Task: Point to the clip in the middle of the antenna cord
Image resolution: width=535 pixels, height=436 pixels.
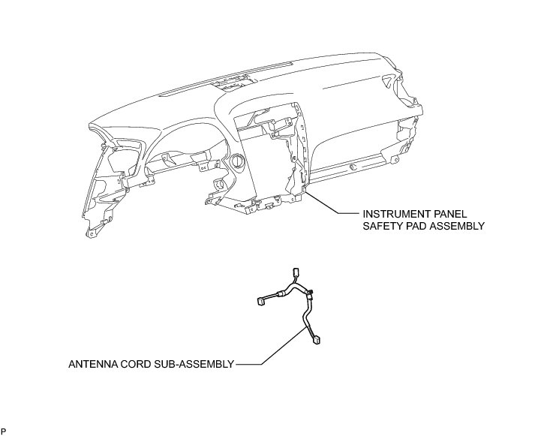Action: (308, 294)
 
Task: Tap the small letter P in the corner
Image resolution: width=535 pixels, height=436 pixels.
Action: (4, 431)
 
